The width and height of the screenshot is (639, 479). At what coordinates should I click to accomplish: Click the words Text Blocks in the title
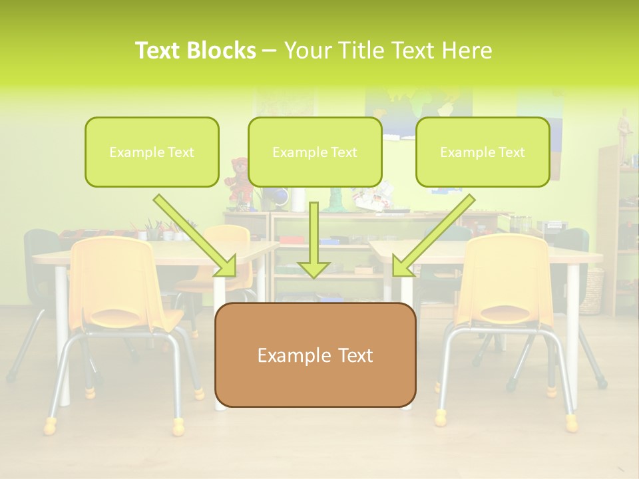point(195,51)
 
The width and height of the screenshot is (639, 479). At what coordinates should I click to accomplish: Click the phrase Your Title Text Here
point(388,51)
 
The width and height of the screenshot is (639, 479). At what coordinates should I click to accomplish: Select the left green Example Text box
point(152,152)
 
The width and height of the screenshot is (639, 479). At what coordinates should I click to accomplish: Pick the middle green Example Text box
point(315,152)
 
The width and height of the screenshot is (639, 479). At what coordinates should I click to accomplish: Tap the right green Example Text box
point(483,152)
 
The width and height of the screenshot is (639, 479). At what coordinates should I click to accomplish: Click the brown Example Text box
point(315,355)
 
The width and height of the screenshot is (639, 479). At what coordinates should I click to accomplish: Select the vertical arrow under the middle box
point(314,239)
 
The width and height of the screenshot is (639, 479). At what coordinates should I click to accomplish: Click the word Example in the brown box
point(288,355)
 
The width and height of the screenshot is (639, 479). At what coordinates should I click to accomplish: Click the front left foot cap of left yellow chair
point(50,425)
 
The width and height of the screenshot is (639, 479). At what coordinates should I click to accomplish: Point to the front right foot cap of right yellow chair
point(571,422)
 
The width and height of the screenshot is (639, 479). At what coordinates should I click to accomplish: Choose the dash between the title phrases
point(270,51)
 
